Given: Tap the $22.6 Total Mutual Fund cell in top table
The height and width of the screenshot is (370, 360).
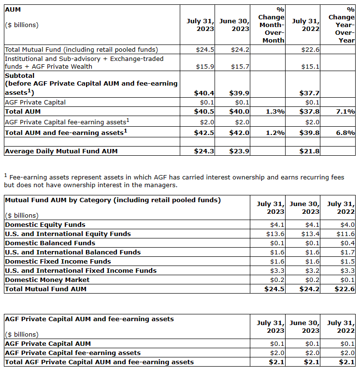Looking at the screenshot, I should coord(310,49).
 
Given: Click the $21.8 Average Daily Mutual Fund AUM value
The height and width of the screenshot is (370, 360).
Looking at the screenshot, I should coord(310,151).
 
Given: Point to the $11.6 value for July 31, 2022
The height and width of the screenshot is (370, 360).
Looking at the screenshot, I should coord(346,234).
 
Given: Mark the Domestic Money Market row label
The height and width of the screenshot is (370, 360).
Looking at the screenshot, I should coord(47,280).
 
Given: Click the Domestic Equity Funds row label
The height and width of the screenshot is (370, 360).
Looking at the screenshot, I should coord(45,224).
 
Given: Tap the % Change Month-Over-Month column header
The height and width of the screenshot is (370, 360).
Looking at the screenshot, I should coord(273,25).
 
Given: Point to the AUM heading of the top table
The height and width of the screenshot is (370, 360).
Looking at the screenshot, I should coord(12,9).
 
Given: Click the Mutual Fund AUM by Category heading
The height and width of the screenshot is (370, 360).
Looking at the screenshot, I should coord(113,200).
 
